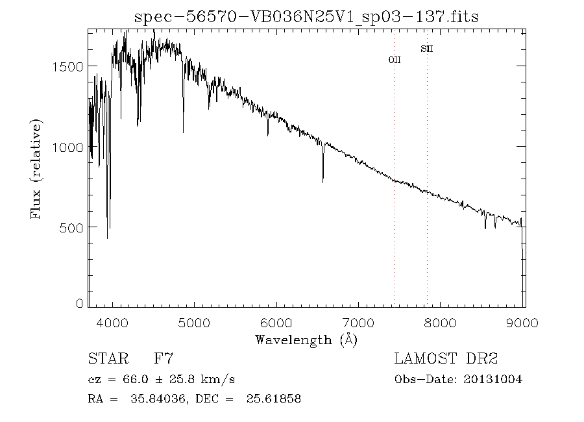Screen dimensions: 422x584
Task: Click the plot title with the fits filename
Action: click(306, 18)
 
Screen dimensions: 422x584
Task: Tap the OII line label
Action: click(395, 60)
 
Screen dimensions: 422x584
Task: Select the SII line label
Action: click(426, 48)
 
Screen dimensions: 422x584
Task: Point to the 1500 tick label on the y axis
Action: click(68, 66)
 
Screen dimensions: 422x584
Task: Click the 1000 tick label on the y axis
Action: click(68, 147)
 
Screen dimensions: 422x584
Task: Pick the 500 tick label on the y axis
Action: click(71, 227)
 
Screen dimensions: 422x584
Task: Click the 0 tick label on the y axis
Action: click(80, 303)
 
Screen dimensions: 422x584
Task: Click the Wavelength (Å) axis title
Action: click(306, 339)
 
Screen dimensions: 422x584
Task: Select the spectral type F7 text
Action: click(163, 358)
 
